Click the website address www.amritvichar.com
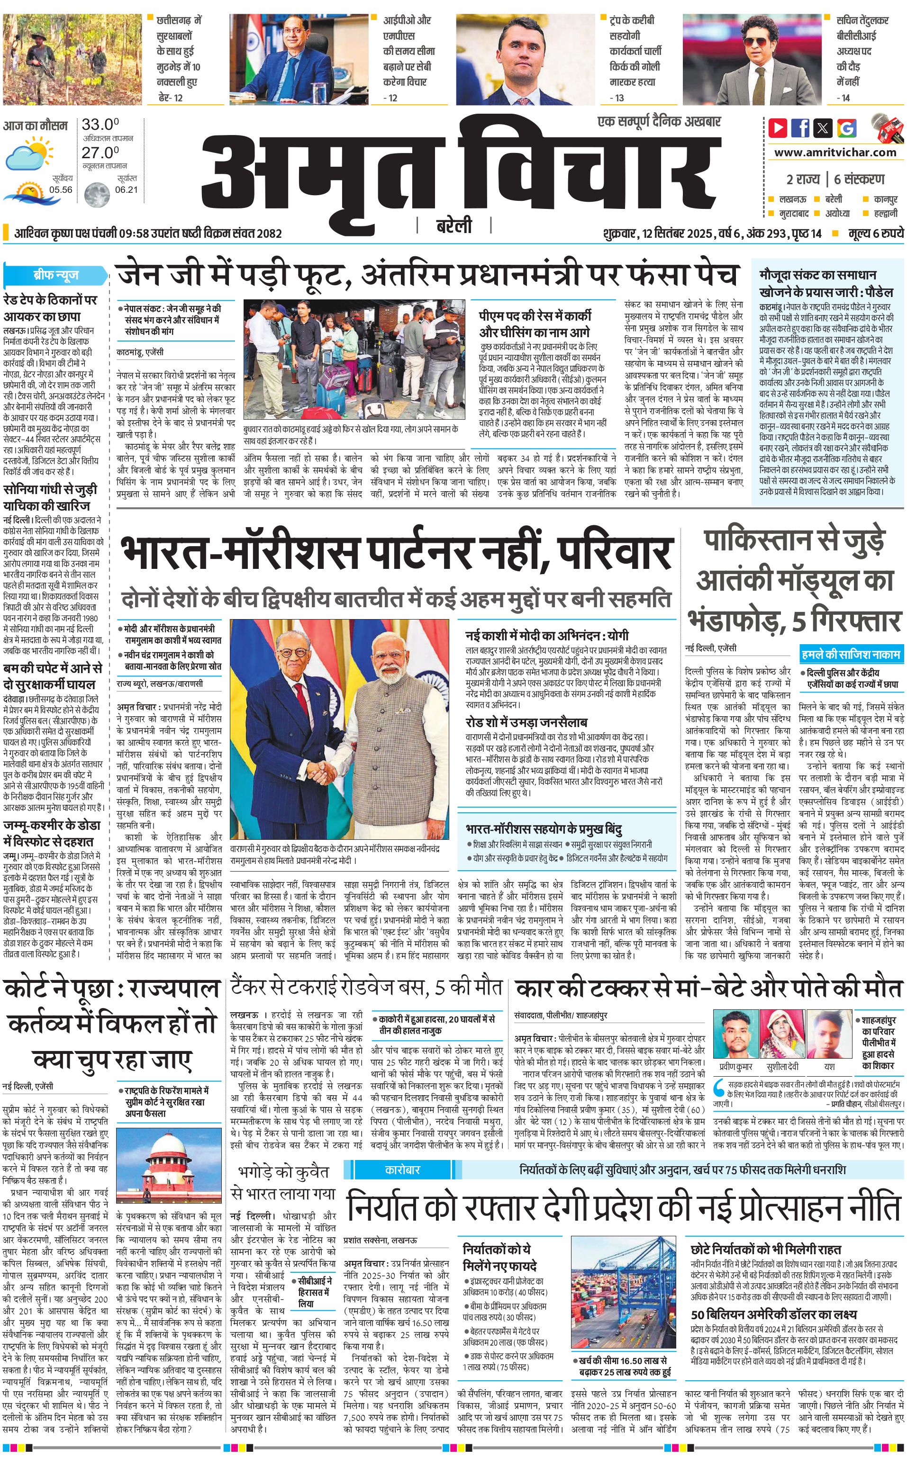tap(835, 153)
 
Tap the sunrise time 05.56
tap(61, 190)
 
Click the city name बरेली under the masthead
tap(453, 226)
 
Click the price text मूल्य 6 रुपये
tap(875, 233)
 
